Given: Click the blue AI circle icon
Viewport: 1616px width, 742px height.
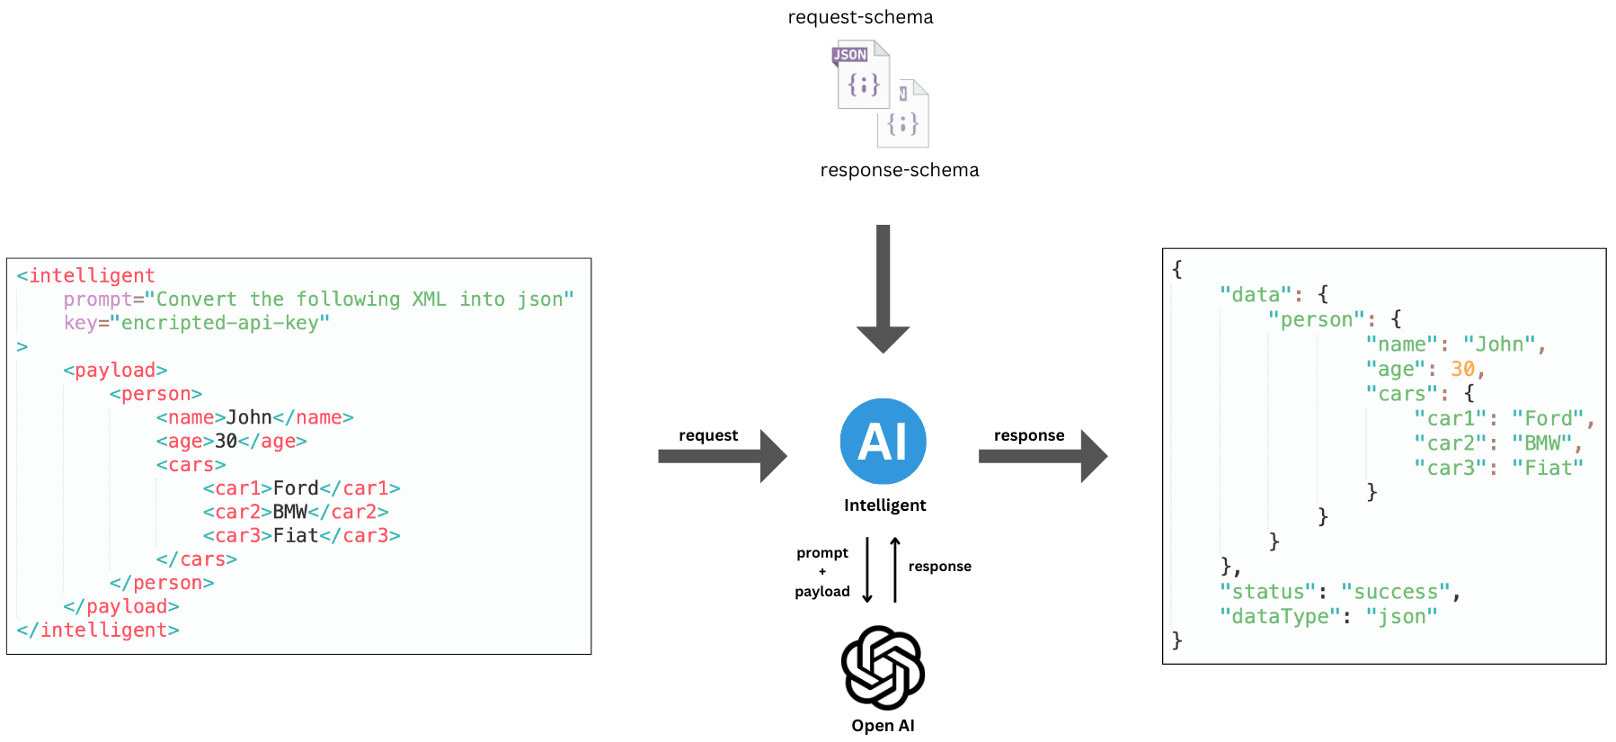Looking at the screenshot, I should [x=883, y=442].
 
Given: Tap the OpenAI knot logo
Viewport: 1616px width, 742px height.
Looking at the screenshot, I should [x=883, y=667].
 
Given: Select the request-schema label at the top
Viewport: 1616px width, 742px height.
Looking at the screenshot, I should [x=860, y=17].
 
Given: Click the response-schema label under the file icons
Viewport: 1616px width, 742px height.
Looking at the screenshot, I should [x=899, y=170].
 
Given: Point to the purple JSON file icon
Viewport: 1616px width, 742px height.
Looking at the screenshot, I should [x=863, y=76].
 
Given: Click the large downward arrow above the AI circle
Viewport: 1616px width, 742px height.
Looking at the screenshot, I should [x=883, y=288].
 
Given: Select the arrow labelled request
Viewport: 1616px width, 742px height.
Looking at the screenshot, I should [x=723, y=456].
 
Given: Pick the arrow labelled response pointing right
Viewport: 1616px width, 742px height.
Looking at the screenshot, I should [x=1043, y=456].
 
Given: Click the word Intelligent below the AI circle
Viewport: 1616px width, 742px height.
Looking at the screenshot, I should [x=884, y=505].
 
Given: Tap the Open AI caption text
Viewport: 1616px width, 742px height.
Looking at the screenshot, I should [x=883, y=726].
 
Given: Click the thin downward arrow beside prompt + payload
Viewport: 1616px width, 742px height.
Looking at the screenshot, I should [x=867, y=570].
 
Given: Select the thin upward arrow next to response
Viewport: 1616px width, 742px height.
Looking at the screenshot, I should [x=895, y=570].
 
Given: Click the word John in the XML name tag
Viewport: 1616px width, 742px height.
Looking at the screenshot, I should [x=249, y=417].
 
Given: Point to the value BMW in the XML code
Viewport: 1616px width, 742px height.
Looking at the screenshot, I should [x=289, y=512].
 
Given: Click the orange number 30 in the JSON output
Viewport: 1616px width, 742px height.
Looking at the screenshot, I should [x=1462, y=369].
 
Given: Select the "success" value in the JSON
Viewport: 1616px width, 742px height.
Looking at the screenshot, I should [x=1396, y=592].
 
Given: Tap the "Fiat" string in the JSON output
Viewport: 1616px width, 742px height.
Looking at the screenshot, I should [x=1547, y=468].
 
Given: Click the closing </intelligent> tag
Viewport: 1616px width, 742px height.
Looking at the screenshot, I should [x=98, y=630].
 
